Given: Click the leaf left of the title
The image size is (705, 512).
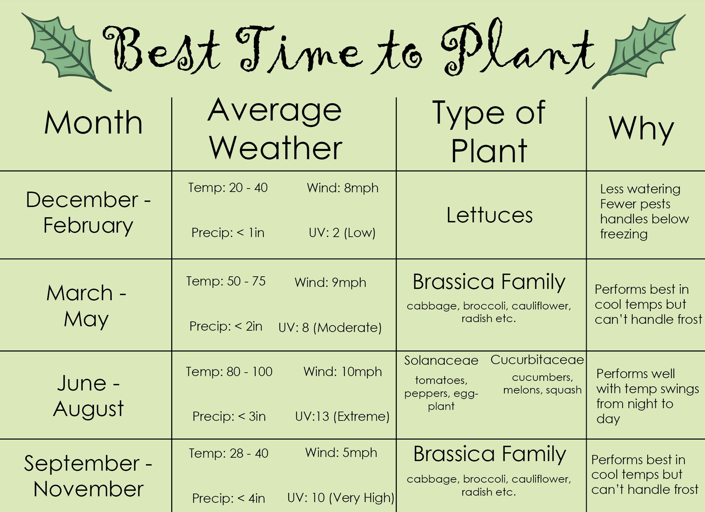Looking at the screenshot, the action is click(x=65, y=50).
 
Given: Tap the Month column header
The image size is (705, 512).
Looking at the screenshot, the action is click(x=94, y=123).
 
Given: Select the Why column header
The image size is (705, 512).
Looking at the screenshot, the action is click(x=641, y=129).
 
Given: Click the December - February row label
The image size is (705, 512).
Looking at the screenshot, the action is click(x=88, y=213).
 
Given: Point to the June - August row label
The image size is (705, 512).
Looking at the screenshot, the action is click(x=89, y=396).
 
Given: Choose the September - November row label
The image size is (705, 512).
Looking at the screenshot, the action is click(x=88, y=476).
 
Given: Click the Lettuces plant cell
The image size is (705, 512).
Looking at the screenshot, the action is click(x=490, y=215).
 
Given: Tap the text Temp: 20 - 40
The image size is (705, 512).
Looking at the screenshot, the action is click(x=228, y=188).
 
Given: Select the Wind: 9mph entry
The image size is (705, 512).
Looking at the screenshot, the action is click(x=330, y=282).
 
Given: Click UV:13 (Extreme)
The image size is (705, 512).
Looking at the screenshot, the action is click(x=343, y=417).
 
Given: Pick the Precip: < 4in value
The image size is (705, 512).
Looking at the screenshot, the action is click(x=229, y=498).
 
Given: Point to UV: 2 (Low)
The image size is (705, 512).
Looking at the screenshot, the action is click(x=342, y=233).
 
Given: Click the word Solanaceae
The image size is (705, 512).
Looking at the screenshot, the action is click(x=441, y=360).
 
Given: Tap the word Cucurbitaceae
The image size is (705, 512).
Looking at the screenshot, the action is click(x=537, y=360).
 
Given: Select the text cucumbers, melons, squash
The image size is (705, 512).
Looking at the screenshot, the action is click(x=542, y=384).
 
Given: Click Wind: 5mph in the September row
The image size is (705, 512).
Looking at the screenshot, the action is click(x=341, y=453).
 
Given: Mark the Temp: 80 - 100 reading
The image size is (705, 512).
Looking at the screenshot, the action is click(x=229, y=371).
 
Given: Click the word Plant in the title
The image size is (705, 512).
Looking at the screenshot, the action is click(x=518, y=47).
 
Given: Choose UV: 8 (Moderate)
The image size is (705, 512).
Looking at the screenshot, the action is click(x=330, y=328).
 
